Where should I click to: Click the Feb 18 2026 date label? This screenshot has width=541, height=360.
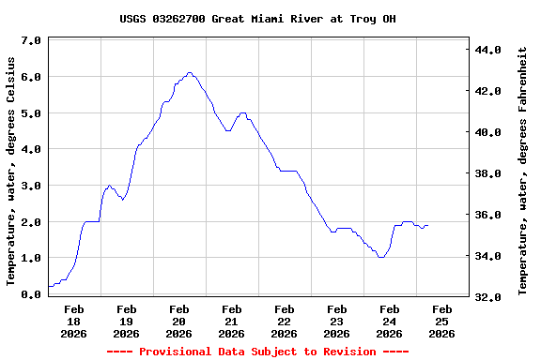click(73, 321)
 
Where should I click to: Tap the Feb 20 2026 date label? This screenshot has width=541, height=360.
click(178, 321)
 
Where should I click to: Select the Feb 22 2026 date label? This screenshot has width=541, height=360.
click(284, 321)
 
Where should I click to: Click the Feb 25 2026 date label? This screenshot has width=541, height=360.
click(441, 321)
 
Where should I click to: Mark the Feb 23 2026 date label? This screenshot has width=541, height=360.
click(336, 321)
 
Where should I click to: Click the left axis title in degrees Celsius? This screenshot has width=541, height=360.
click(11, 171)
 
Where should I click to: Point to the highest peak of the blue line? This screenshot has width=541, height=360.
click(189, 72)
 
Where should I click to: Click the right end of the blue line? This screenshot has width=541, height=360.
click(428, 225)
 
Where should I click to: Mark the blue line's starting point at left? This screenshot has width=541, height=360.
click(49, 286)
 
